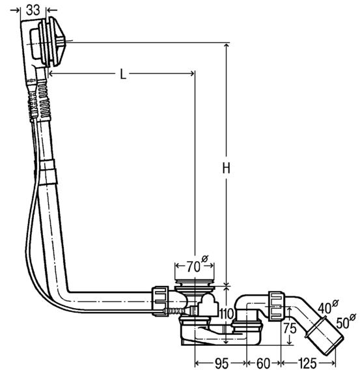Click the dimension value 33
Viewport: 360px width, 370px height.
[x=33, y=10]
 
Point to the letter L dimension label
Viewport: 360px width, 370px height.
[x=123, y=74]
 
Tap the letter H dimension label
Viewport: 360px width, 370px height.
[x=227, y=168]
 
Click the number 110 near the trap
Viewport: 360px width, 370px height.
[x=227, y=313]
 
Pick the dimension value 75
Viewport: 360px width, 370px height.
[x=290, y=328]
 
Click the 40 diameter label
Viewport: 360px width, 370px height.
[x=328, y=307]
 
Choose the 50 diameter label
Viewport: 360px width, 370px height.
[x=346, y=321]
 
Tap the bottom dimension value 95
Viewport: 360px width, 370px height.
[x=221, y=363]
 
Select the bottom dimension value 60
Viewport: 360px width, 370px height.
[x=263, y=363]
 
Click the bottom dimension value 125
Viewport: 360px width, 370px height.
[x=308, y=363]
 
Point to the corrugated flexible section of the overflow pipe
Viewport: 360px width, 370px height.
[x=44, y=98]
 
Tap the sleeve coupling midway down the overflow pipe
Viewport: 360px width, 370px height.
[x=48, y=172]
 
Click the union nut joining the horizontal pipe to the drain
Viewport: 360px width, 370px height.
[x=160, y=301]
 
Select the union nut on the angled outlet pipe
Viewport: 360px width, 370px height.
[x=276, y=306]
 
